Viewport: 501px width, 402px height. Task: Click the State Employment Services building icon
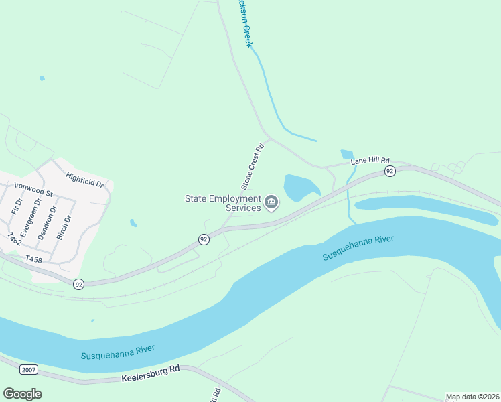[271, 202]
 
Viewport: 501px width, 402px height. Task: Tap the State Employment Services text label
[224, 203]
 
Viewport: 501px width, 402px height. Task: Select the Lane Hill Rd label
[370, 161]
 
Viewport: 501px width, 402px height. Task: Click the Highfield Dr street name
[85, 179]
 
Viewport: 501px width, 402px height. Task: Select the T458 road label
[33, 258]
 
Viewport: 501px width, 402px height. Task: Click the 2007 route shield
[29, 369]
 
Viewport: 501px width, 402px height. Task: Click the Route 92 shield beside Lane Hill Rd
[389, 172]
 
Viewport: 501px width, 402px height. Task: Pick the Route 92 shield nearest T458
[79, 284]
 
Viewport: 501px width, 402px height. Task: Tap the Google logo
[22, 394]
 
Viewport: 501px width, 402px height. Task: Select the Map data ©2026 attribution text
[472, 397]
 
